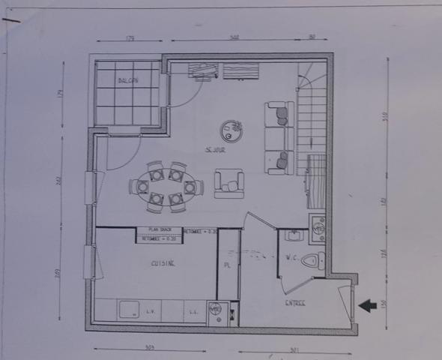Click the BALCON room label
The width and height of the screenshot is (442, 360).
point(127,81)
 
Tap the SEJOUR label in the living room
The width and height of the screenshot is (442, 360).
point(216,150)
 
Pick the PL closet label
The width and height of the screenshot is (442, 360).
point(227,265)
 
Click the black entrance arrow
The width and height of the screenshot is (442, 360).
point(367,305)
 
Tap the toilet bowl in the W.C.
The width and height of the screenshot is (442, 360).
point(318,261)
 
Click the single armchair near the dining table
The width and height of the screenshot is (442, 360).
point(229,184)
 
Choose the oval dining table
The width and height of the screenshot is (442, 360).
point(166,186)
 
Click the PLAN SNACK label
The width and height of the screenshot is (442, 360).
point(160,229)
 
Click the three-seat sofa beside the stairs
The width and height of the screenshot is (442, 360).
point(279,138)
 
